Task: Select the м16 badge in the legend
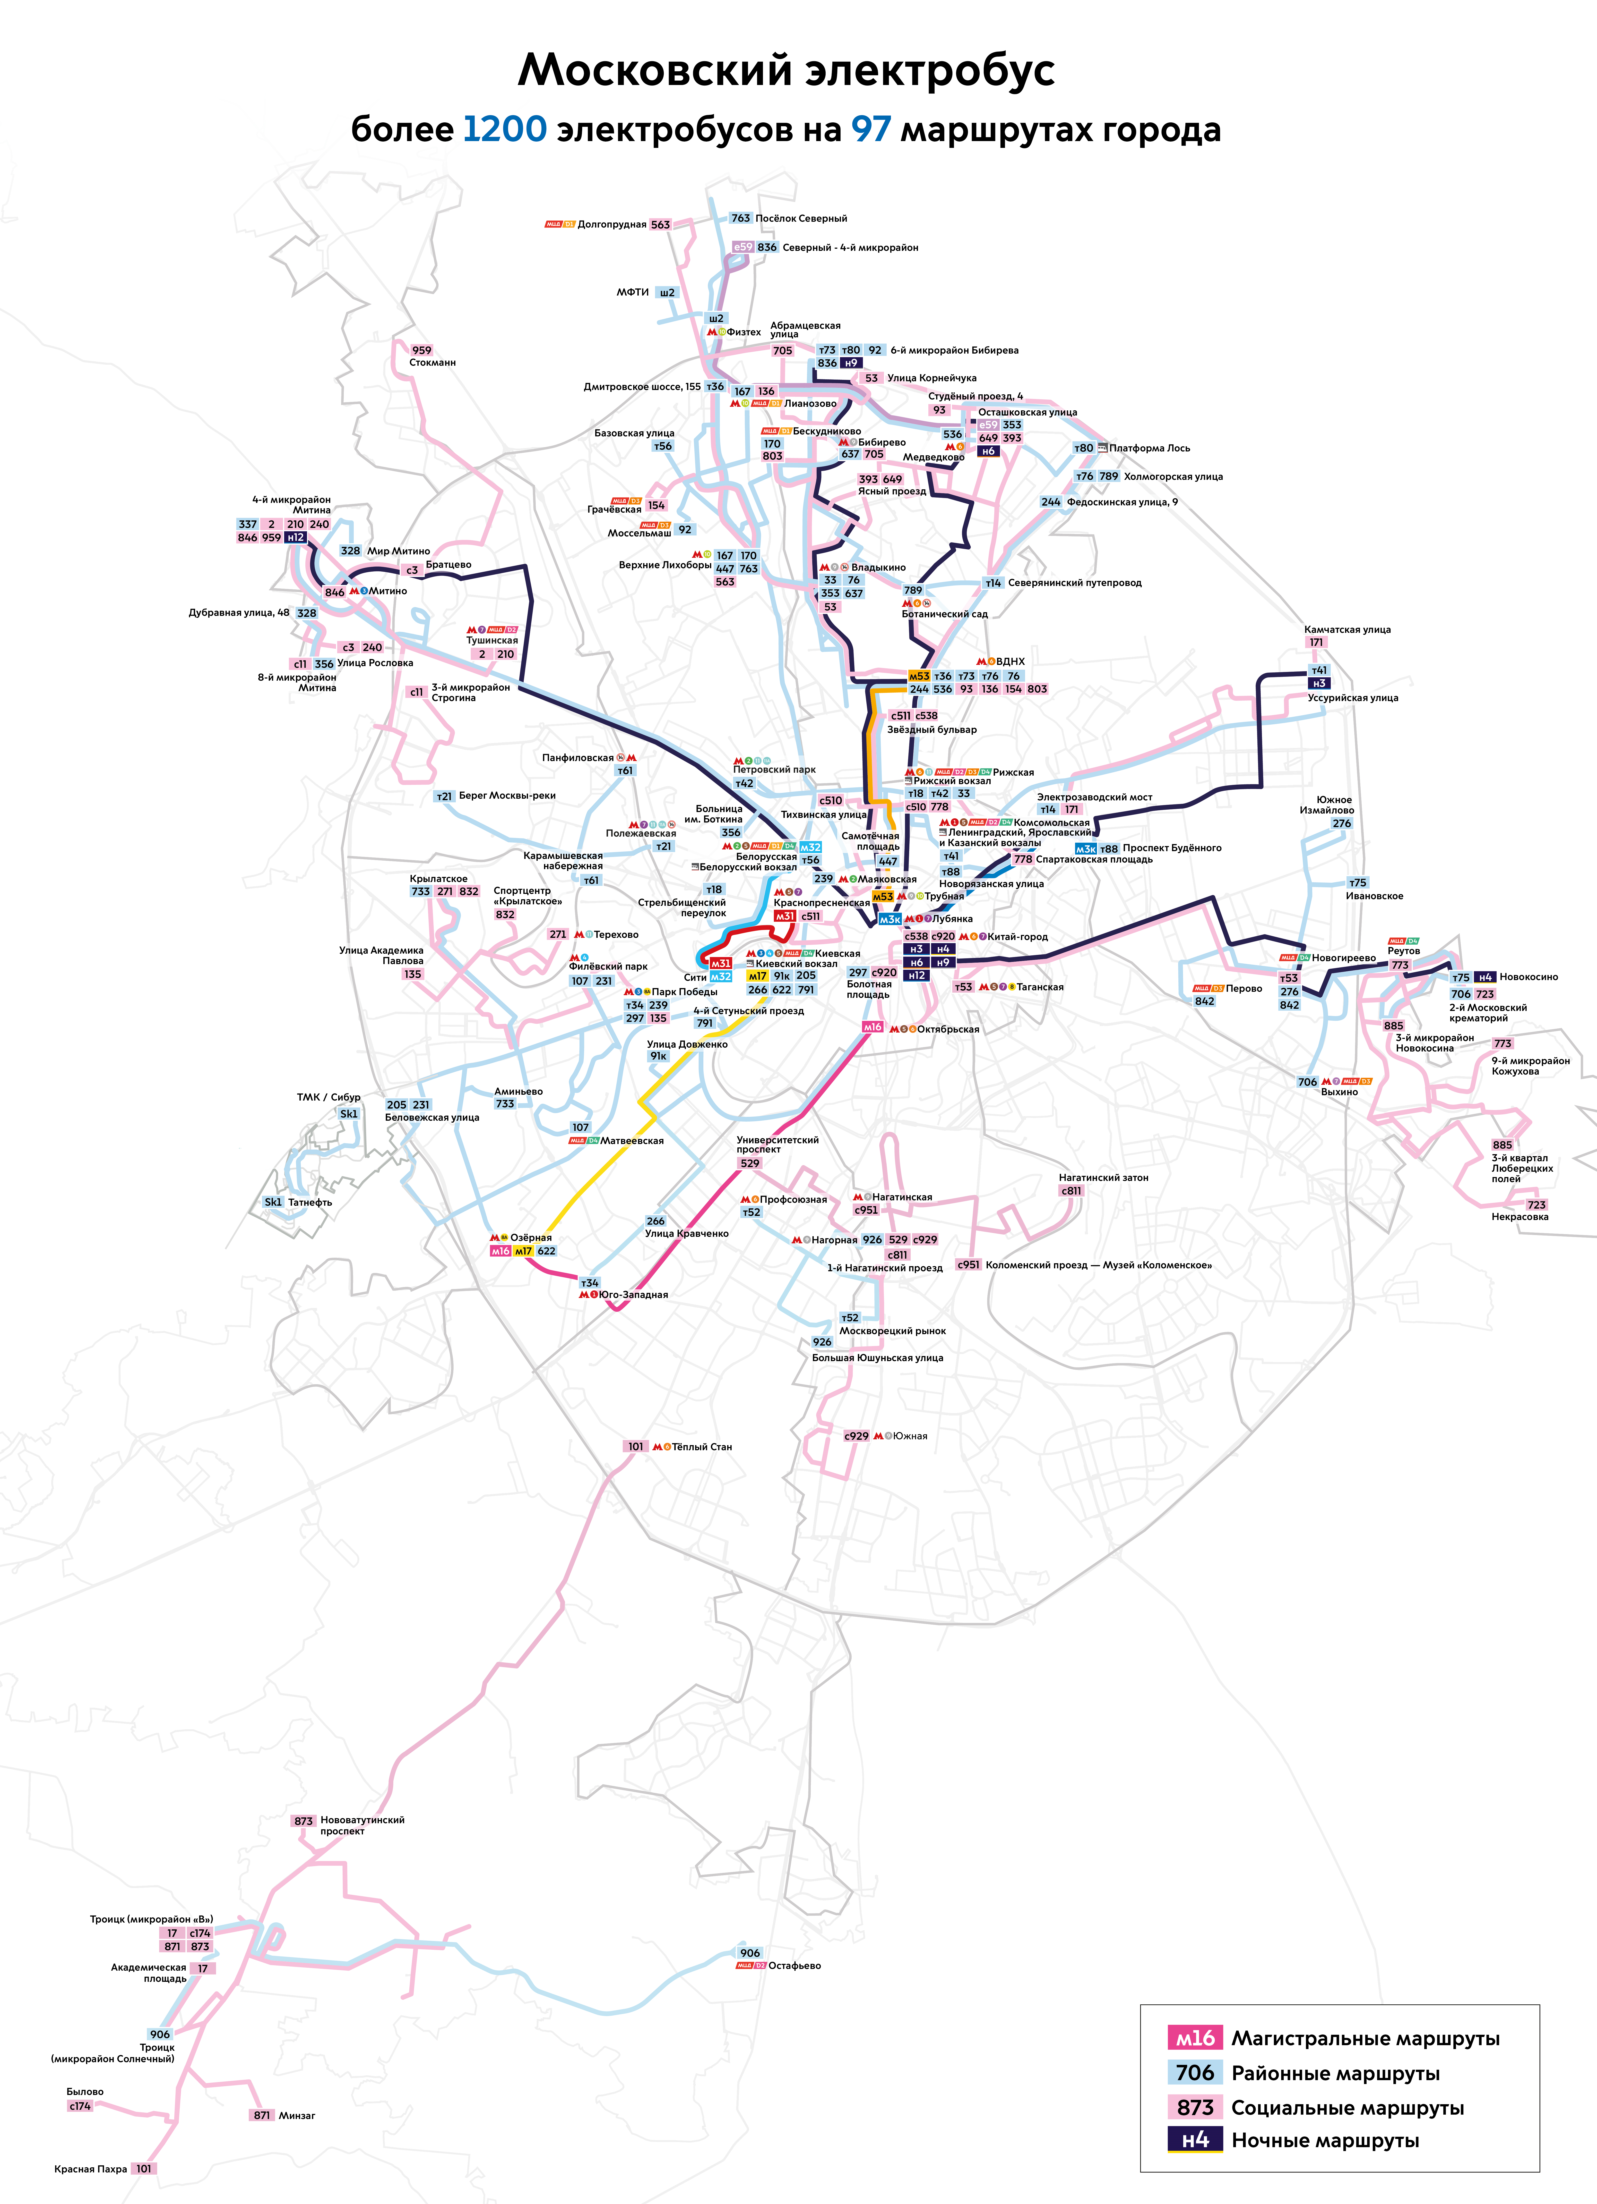(x=1195, y=2038)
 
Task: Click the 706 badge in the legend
(x=1195, y=2073)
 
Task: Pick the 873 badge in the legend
(x=1195, y=2107)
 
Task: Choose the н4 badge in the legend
(x=1195, y=2140)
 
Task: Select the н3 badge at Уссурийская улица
(x=1319, y=683)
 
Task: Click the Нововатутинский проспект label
(x=362, y=1825)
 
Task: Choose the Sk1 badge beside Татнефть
(x=273, y=1202)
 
